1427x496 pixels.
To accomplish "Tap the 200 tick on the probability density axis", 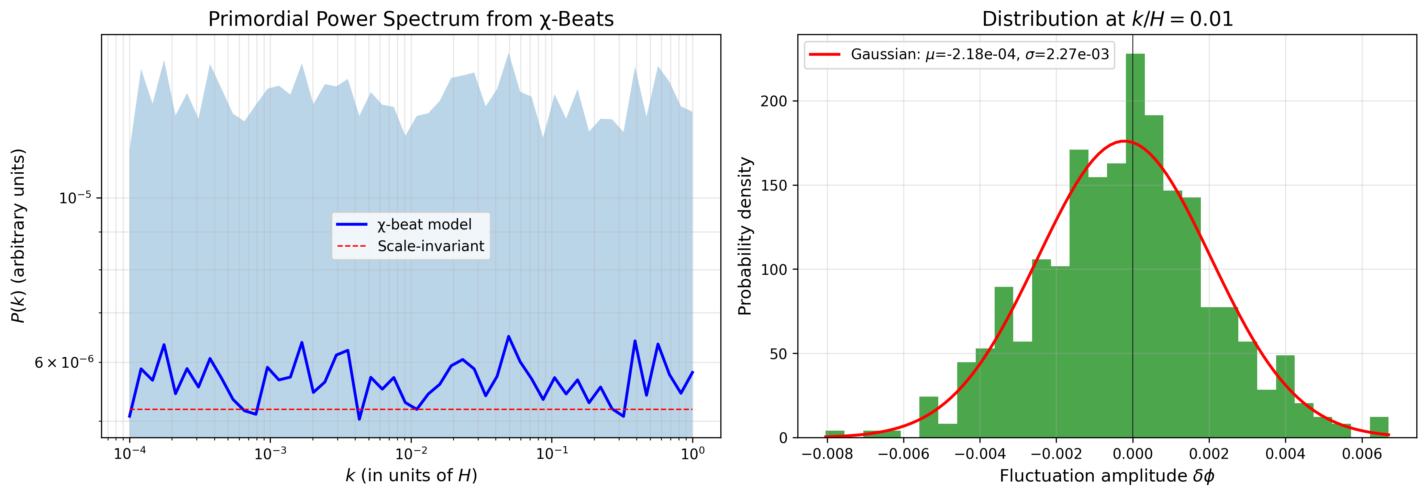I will (x=774, y=101).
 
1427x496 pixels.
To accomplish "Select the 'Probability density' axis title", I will (x=745, y=237).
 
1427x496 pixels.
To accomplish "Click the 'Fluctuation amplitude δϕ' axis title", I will (x=1107, y=476).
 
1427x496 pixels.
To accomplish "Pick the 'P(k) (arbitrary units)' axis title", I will (x=18, y=236).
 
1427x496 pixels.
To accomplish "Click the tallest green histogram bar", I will (x=1135, y=244).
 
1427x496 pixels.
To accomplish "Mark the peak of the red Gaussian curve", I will (x=1124, y=141).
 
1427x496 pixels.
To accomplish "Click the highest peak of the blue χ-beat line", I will (x=509, y=336).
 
